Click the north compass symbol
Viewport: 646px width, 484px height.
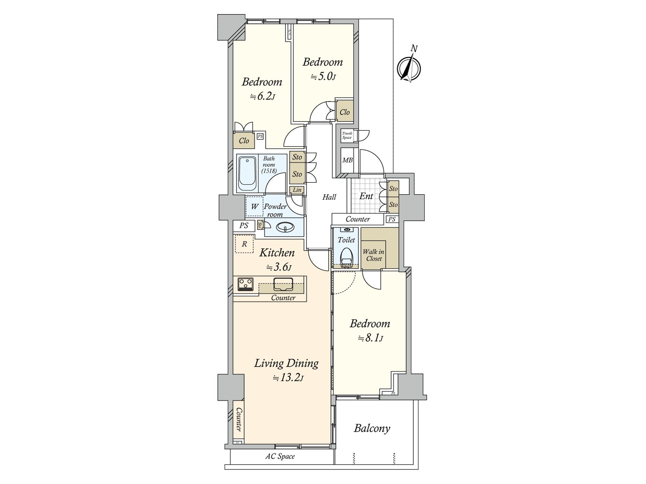coord(409,67)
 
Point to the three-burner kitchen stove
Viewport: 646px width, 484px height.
coord(245,284)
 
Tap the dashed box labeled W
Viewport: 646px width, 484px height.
coord(254,207)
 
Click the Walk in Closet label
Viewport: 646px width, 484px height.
coord(373,255)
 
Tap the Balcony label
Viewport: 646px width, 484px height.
coord(372,428)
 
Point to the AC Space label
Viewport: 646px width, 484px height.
coord(280,457)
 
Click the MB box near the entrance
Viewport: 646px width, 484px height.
coord(347,160)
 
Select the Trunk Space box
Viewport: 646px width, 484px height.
coord(347,135)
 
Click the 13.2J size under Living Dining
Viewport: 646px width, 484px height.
coord(288,378)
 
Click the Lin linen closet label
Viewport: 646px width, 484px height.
coord(297,190)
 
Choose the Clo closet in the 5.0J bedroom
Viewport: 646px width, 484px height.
coord(345,112)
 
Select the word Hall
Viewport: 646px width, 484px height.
coord(329,197)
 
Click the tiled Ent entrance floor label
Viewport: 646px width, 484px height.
coord(366,196)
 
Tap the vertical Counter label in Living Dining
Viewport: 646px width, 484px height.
coord(239,419)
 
